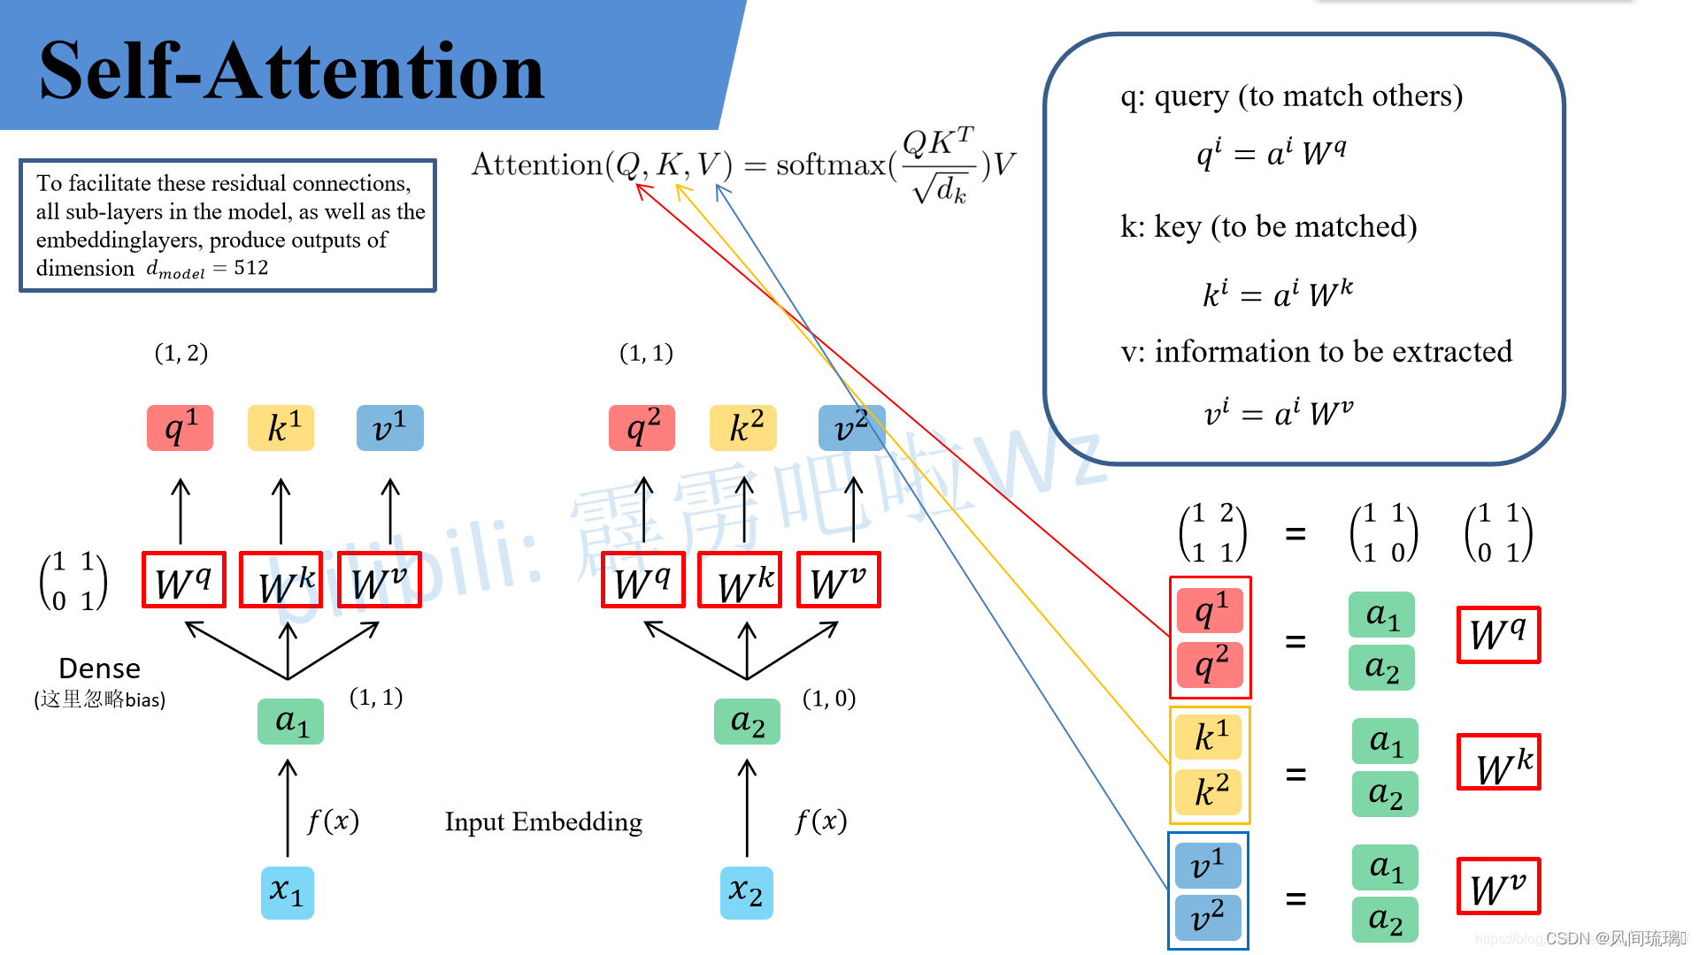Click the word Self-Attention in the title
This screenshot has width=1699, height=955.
click(292, 71)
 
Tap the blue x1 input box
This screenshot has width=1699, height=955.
click(288, 892)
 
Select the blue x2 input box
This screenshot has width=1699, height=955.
click(746, 892)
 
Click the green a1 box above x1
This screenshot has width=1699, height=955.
click(290, 722)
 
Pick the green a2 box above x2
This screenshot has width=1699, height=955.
click(747, 722)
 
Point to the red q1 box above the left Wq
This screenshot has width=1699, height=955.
click(181, 428)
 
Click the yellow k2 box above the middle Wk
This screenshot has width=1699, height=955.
click(743, 428)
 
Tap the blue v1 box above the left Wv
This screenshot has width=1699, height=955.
click(389, 428)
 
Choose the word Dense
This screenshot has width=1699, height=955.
click(99, 668)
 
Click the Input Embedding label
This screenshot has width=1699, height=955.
click(543, 821)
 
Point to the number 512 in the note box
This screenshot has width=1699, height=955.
click(251, 268)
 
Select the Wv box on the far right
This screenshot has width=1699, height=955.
click(1498, 887)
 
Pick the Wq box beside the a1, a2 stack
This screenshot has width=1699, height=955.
click(1498, 635)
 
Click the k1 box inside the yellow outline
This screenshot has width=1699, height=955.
click(1211, 737)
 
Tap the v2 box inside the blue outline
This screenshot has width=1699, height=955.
click(1208, 918)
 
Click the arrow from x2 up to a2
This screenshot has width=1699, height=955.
click(747, 806)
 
